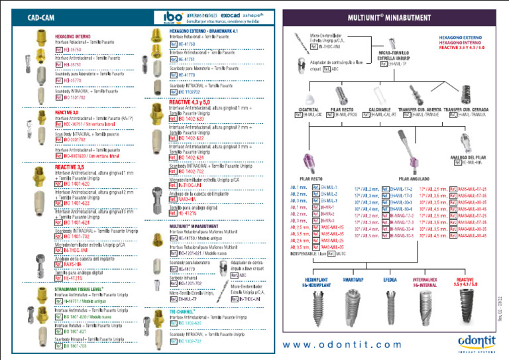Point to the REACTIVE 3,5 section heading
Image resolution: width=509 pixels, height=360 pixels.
coord(69,166)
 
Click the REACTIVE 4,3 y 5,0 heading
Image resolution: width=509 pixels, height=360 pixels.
coord(190,102)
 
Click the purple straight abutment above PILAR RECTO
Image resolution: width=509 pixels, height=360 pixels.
coord(309,162)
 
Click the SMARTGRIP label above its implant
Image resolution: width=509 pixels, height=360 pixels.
coord(353,280)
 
